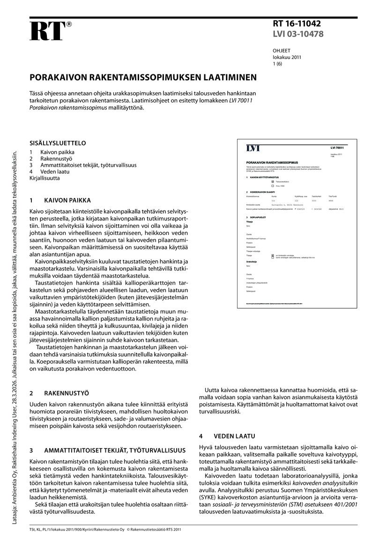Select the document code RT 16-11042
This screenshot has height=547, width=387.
[x=297, y=24]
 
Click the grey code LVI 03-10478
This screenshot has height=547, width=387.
[x=298, y=34]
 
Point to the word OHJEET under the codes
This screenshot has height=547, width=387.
[x=282, y=51]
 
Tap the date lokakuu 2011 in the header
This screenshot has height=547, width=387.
[x=287, y=57]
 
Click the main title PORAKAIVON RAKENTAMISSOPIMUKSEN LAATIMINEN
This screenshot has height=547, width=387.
[x=143, y=77]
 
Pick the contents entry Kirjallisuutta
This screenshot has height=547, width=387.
[x=45, y=178]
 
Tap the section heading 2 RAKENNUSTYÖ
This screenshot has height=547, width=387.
[x=59, y=394]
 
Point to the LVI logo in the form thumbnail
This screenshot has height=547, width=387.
[x=253, y=148]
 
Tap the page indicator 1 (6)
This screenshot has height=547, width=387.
[x=277, y=64]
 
